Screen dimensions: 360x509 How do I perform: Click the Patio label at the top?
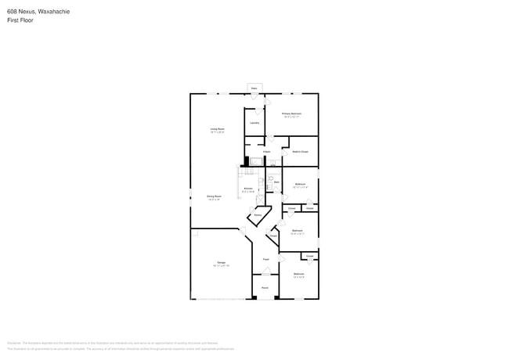(x=254, y=88)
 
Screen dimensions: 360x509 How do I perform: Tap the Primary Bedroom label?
(x=292, y=113)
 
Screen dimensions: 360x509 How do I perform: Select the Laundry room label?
(x=254, y=123)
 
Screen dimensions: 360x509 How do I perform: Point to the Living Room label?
(x=217, y=128)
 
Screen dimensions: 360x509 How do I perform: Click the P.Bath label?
(x=266, y=151)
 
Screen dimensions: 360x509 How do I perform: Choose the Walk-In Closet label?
(x=300, y=152)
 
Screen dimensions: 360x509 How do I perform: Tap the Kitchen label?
(x=247, y=189)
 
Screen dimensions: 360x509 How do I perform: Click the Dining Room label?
(x=214, y=196)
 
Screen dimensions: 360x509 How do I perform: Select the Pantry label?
(x=257, y=214)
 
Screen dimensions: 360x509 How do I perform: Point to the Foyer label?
(x=266, y=258)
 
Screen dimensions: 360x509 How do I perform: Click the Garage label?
(x=221, y=262)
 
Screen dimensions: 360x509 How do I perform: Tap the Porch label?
(x=265, y=287)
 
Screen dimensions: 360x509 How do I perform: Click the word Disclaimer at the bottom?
(x=14, y=342)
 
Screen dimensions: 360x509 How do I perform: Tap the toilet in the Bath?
(x=270, y=178)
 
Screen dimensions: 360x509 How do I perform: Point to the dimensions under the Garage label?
(x=221, y=266)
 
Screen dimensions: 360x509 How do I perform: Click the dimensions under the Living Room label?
(x=217, y=132)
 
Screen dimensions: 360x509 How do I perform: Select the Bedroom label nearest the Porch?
(x=298, y=273)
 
